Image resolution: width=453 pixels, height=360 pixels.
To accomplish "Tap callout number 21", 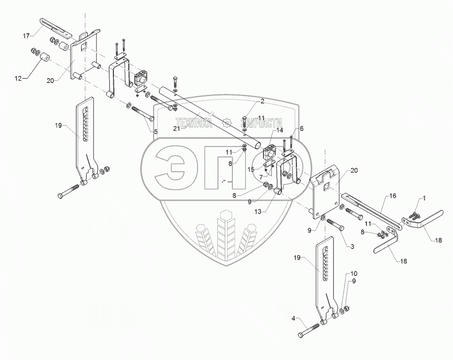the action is [x=176, y=129].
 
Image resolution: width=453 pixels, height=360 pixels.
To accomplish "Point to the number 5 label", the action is [x=155, y=132].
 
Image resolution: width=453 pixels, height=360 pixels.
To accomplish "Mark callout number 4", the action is [x=293, y=319].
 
